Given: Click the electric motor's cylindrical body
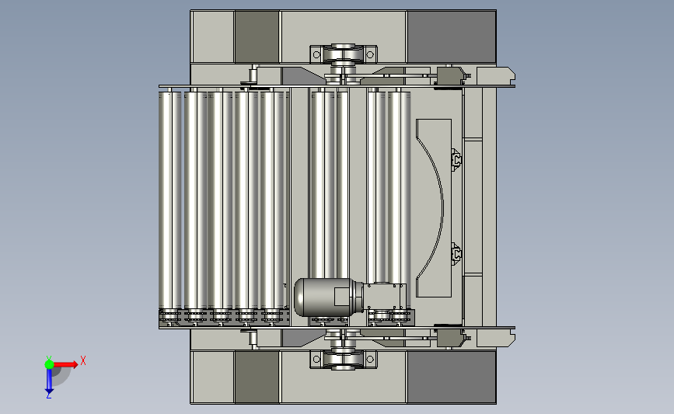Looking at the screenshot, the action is tap(323, 297).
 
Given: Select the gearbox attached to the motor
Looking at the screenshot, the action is tap(385, 297).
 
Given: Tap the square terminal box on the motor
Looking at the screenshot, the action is tap(342, 297).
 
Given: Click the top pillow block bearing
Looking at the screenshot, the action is tap(344, 54).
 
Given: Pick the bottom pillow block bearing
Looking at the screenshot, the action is tap(344, 359).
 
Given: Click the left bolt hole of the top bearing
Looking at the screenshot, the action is tap(317, 54).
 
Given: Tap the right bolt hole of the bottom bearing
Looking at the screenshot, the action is tap(370, 359).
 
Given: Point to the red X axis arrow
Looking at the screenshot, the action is tap(65, 364).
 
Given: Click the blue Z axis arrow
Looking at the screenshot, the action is tap(49, 381).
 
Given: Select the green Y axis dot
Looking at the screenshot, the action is tap(49, 364).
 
